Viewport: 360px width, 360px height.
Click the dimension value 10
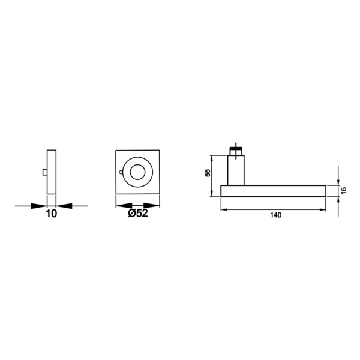tap(52, 214)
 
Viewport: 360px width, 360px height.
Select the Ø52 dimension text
tap(138, 213)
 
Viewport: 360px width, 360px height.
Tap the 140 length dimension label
tap(276, 215)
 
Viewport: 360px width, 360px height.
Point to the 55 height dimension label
tap(208, 173)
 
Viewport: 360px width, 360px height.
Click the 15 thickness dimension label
tap(343, 190)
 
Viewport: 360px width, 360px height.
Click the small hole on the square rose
tap(121, 172)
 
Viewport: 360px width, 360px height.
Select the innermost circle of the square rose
tap(137, 172)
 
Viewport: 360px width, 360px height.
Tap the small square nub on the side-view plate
tap(45, 172)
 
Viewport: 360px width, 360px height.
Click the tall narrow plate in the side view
tap(52, 172)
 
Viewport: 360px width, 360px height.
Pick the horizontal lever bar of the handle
tap(274, 191)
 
